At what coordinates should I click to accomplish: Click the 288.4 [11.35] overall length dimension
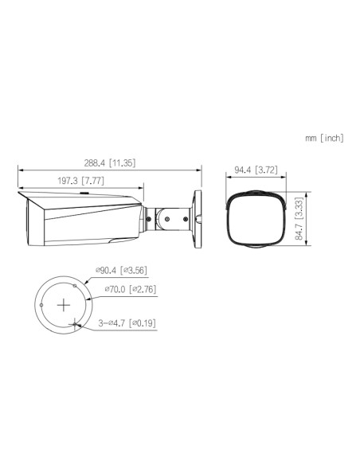108,163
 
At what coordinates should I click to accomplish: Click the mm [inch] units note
323,138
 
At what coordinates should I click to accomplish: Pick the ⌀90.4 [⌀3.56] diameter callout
121,272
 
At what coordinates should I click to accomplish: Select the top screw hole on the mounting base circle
76,283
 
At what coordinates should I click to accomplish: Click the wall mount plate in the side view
196,215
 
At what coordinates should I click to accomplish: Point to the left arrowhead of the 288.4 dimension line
21,170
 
